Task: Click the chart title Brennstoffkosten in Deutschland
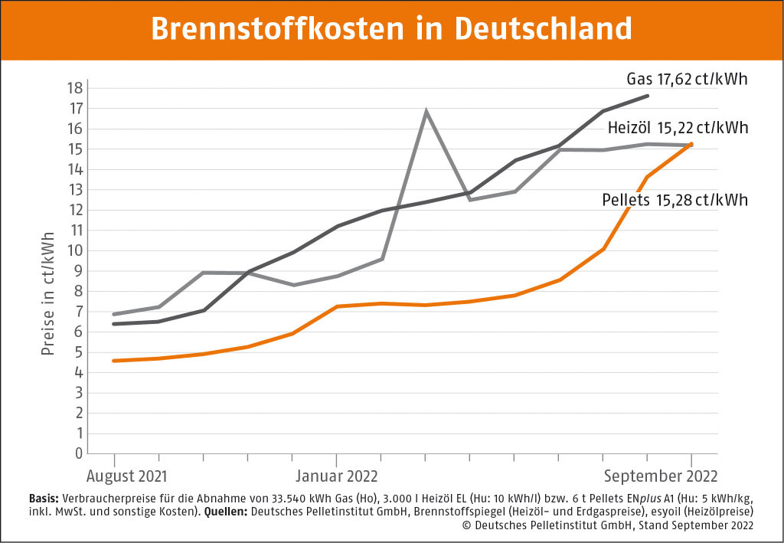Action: (391, 29)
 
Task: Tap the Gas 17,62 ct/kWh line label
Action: (687, 79)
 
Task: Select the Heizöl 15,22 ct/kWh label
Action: (678, 128)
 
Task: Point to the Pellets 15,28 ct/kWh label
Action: (675, 201)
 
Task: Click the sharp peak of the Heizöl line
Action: (426, 112)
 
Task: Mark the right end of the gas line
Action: (648, 96)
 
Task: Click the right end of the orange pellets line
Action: (691, 144)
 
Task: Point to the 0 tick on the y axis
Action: (77, 453)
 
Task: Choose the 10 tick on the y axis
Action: (73, 250)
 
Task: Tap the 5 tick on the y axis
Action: (77, 352)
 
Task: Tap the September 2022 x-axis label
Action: (661, 476)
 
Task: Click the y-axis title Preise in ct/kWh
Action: (47, 293)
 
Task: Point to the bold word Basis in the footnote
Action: (42, 496)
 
